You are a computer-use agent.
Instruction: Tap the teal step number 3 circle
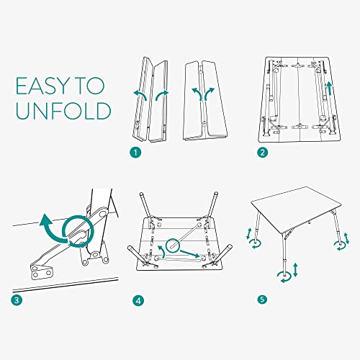(x=16, y=298)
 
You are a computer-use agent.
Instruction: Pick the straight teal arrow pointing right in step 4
(x=190, y=256)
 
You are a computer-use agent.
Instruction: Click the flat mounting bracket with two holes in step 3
(x=40, y=271)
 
